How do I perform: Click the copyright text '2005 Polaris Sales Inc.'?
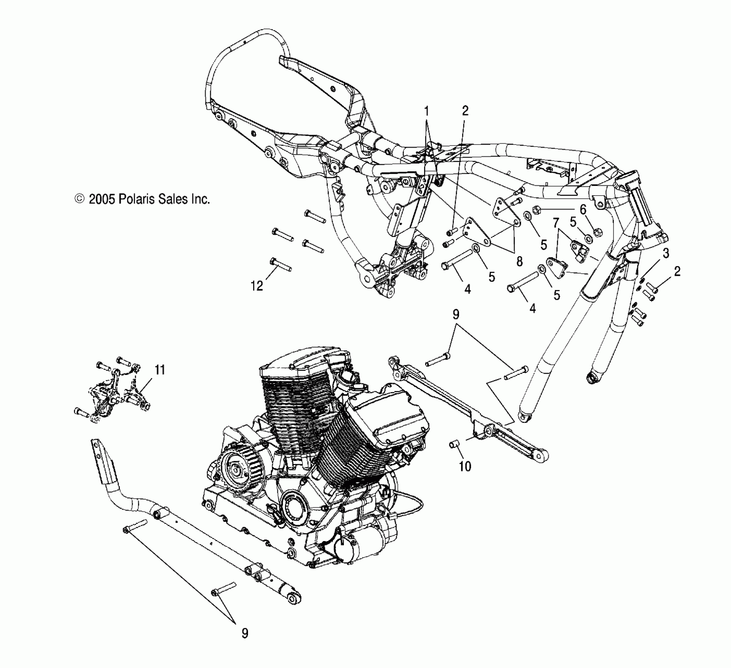149,199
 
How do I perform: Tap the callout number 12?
257,286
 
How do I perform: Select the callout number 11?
160,370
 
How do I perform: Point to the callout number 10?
465,466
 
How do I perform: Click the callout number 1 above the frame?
426,112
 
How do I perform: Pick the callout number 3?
666,253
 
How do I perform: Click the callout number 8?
520,261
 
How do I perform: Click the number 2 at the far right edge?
677,271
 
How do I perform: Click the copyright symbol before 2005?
79,199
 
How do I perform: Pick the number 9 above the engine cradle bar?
455,314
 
